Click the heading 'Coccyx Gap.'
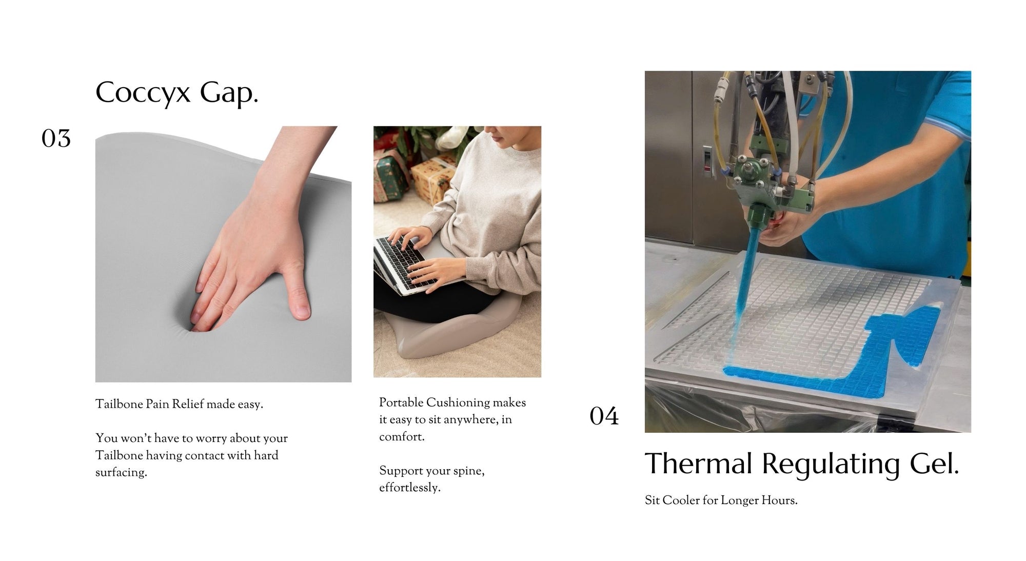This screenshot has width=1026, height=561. [176, 93]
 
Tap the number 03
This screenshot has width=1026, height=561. [56, 138]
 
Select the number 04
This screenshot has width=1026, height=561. [604, 416]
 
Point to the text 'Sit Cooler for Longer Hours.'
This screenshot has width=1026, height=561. [721, 500]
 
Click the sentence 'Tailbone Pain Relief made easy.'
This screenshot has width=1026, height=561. [179, 405]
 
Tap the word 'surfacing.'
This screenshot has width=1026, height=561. [121, 472]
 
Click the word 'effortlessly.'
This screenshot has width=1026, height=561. [410, 488]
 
